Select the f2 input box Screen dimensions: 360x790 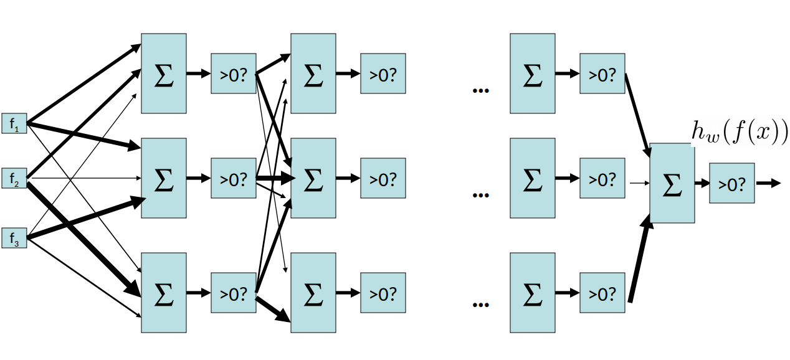pos(14,178)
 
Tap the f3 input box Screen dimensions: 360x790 pos(14,238)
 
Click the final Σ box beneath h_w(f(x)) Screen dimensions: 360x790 pos(672,183)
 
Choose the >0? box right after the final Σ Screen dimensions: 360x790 pos(731,183)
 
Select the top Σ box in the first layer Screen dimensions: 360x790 pos(163,73)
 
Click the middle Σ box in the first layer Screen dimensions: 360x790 pos(163,178)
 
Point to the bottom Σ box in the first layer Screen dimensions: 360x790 pos(163,293)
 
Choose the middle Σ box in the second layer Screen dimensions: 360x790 pos(313,178)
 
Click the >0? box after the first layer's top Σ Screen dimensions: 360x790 pos(234,73)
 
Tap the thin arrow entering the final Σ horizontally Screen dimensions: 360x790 pos(640,183)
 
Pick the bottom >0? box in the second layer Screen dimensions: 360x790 pos(383,293)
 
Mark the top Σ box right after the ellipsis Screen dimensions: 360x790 pos(532,73)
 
